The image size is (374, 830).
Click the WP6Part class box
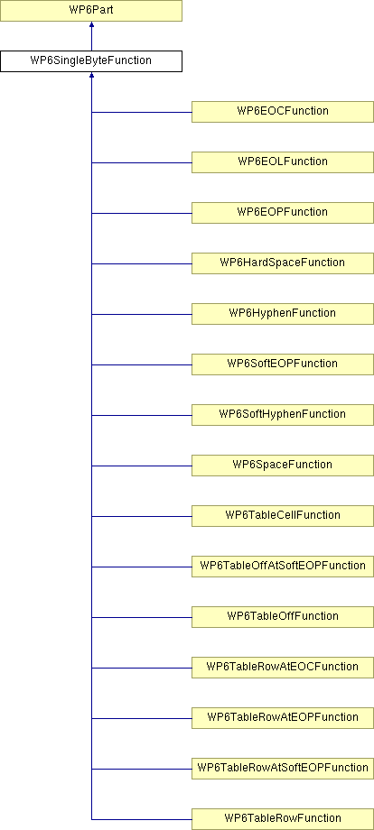[91, 11]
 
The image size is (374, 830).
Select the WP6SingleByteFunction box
[91, 60]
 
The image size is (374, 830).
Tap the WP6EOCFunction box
[283, 112]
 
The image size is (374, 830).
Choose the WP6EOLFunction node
[283, 162]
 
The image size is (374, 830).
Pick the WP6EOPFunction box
[283, 213]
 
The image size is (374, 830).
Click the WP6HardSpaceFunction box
[283, 263]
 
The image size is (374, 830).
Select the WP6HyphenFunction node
[283, 314]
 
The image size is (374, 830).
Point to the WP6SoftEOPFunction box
[283, 364]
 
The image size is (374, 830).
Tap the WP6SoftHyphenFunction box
[283, 415]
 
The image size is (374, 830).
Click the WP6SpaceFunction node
[283, 466]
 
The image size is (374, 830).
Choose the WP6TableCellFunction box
[283, 516]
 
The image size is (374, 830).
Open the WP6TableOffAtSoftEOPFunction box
[283, 567]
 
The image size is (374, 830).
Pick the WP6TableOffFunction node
[283, 617]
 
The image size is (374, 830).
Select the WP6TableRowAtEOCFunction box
[283, 668]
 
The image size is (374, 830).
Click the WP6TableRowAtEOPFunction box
[283, 718]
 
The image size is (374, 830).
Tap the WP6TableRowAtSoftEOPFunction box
[283, 769]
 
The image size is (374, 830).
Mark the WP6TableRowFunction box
[283, 819]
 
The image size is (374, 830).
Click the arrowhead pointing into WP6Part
[91, 24]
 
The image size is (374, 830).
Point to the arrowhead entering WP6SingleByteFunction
[91, 75]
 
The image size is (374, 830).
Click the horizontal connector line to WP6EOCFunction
[142, 112]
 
